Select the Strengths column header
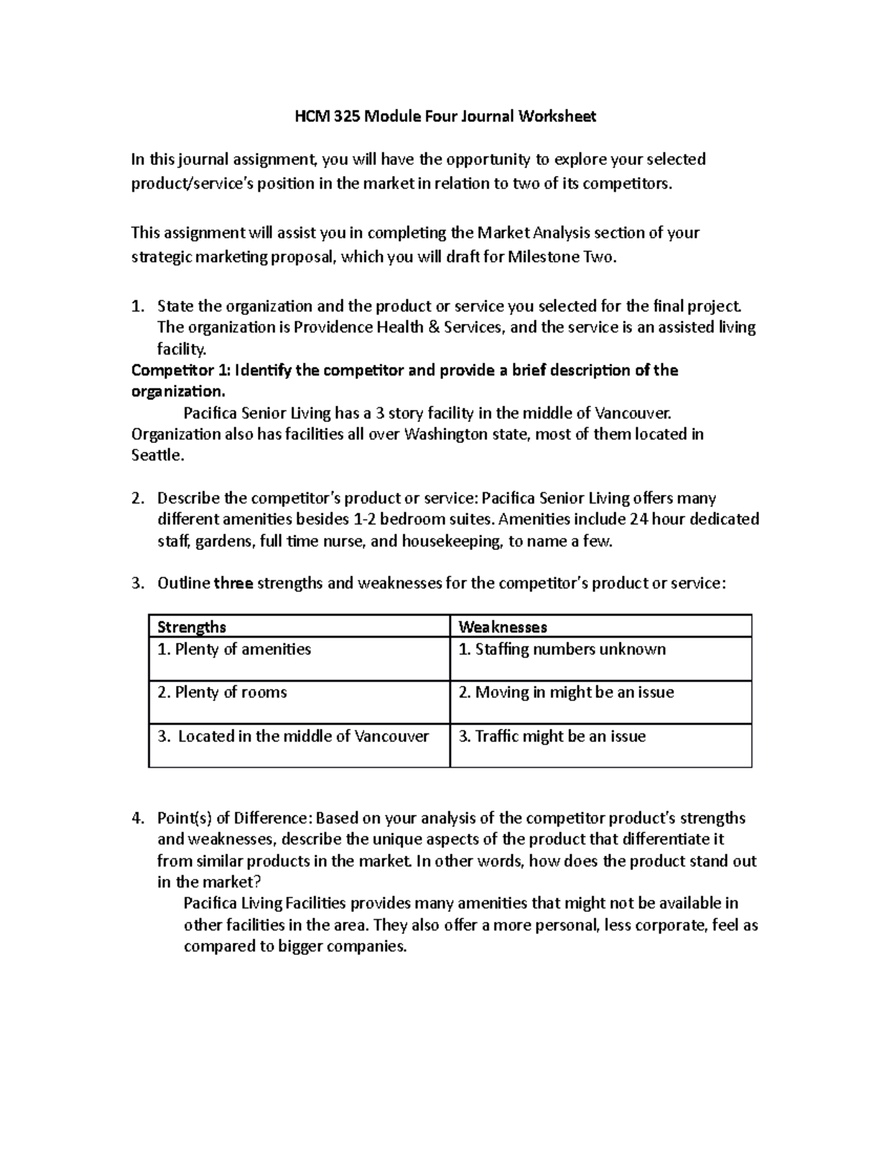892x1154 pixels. click(x=192, y=627)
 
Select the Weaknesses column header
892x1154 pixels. click(x=502, y=627)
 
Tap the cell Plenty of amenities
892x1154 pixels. click(x=234, y=649)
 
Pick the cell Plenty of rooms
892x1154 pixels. click(x=222, y=693)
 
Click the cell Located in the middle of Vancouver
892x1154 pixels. click(x=294, y=736)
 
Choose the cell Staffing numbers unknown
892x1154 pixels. click(x=562, y=649)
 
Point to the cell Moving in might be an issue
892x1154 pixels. click(x=566, y=693)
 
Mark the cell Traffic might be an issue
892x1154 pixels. click(x=552, y=736)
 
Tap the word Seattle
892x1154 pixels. click(x=156, y=456)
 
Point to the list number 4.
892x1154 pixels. click(x=137, y=819)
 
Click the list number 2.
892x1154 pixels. click(x=137, y=499)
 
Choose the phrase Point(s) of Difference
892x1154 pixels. click(x=232, y=819)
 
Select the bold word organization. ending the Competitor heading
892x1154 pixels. click(x=177, y=392)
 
